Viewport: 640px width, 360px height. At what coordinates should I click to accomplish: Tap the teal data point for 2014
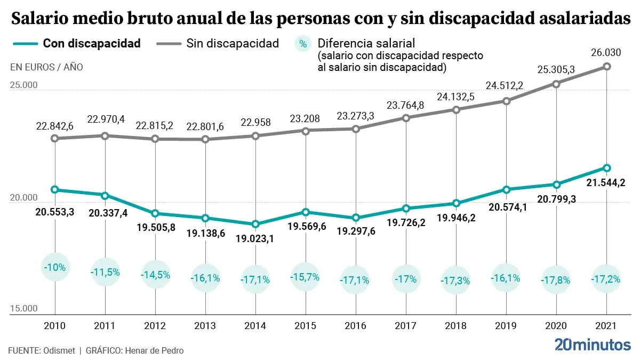pos(255,224)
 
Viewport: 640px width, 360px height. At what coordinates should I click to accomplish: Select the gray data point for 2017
pos(406,118)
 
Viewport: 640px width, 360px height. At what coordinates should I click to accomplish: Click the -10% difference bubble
pos(55,268)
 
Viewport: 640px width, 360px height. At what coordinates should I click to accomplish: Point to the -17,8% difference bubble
pos(556,279)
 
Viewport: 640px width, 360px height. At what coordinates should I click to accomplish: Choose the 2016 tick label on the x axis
pos(356,326)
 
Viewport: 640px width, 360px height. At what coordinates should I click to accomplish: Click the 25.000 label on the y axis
pos(24,85)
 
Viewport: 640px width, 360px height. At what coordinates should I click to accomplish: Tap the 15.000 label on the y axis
pos(24,309)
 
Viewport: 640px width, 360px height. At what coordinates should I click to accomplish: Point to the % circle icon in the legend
pos(303,44)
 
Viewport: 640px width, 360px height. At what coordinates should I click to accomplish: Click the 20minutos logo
pos(592,345)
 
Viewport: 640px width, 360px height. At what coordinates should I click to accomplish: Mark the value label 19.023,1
pos(255,238)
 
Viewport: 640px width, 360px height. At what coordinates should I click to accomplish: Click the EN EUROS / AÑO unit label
pos(46,67)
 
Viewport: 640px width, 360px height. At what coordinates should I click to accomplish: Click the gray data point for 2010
pos(55,138)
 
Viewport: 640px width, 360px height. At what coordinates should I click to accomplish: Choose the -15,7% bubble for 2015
pos(306,277)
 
